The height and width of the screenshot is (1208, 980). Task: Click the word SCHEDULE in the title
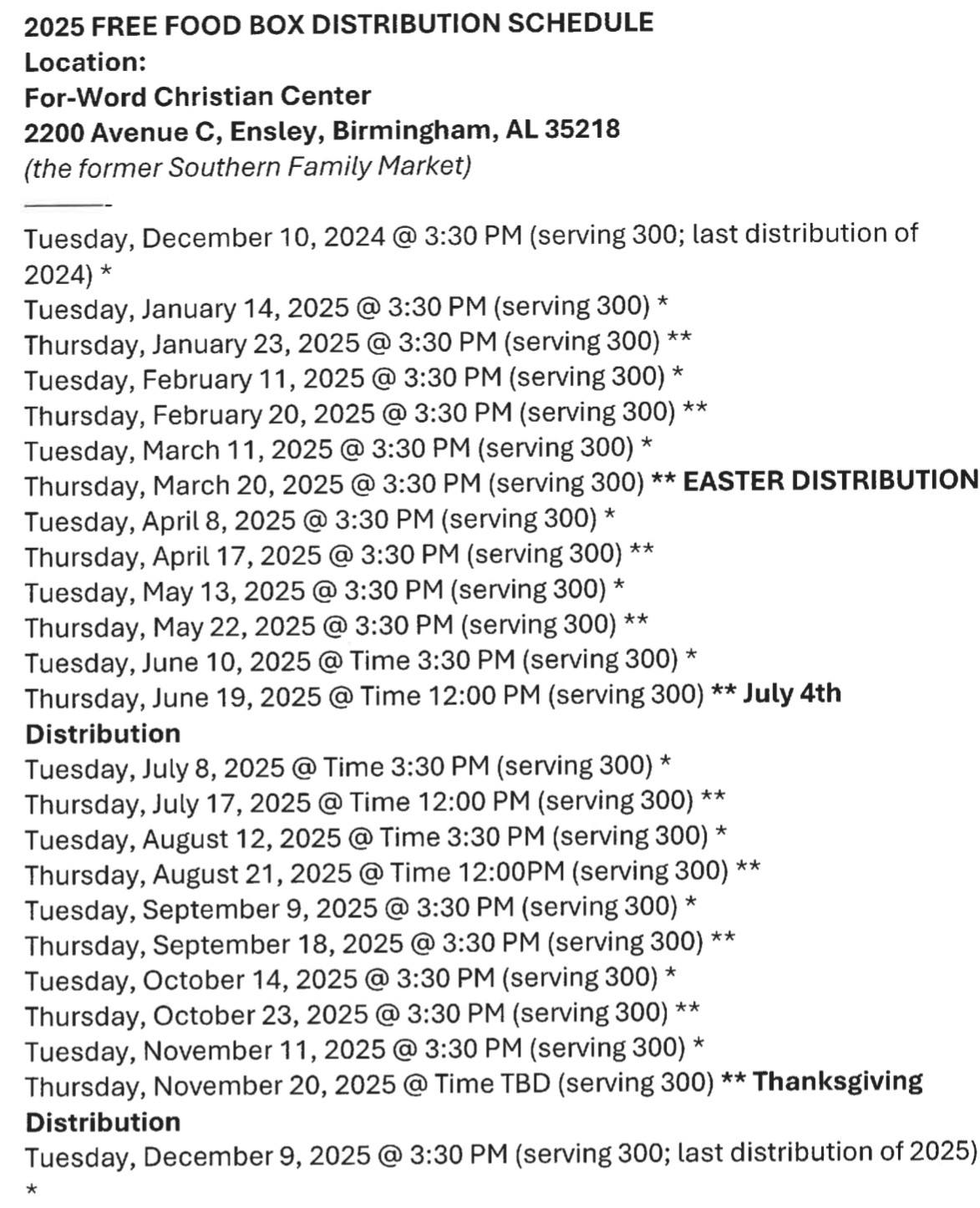point(580,23)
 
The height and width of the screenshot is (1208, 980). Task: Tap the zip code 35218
point(581,129)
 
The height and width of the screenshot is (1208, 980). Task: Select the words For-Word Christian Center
point(197,96)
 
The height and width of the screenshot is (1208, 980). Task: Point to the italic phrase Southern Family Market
point(319,166)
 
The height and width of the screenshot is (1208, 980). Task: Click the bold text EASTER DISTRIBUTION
point(830,480)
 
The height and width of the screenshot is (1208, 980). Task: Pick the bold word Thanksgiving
point(837,1082)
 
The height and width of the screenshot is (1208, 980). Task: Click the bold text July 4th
point(791,693)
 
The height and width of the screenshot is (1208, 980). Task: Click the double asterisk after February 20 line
point(695,410)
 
